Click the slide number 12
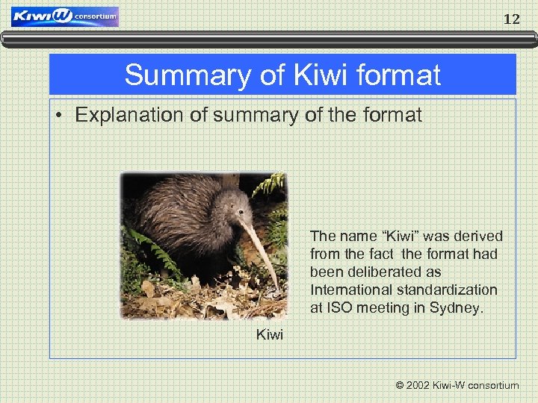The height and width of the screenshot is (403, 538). [511, 19]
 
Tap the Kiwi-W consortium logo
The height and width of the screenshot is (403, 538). [65, 17]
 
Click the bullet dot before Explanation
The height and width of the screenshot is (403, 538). [62, 116]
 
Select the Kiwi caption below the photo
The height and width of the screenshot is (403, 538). [270, 335]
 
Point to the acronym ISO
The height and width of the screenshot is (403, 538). [338, 307]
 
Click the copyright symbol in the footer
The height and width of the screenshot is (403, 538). [400, 386]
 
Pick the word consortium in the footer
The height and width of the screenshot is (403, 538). [493, 386]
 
